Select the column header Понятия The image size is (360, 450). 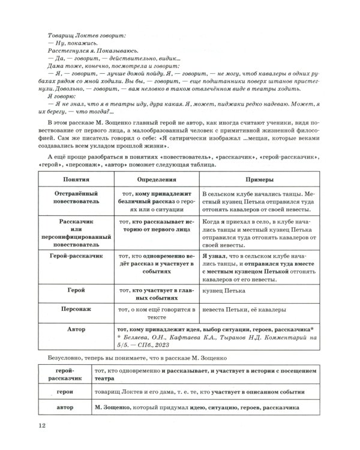74,180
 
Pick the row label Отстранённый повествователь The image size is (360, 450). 74,199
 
